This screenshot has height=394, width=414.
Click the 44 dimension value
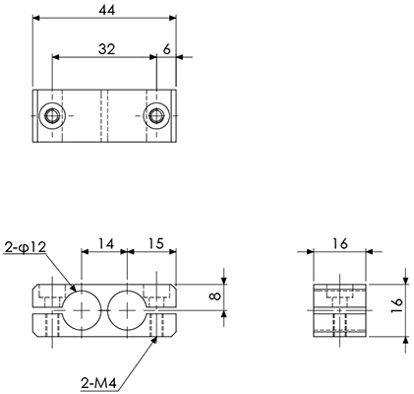coord(107,10)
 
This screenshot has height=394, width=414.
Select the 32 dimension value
coord(107,49)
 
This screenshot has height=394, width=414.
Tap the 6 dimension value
coord(167,49)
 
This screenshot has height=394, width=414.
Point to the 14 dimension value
coord(106,244)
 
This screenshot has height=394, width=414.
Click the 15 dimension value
coord(155,243)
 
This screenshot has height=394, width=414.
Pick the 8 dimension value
coord(215,296)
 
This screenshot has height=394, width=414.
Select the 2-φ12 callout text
coord(26,247)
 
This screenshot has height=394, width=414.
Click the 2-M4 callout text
coord(98,383)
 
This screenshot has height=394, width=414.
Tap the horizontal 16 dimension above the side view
coord(339,243)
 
